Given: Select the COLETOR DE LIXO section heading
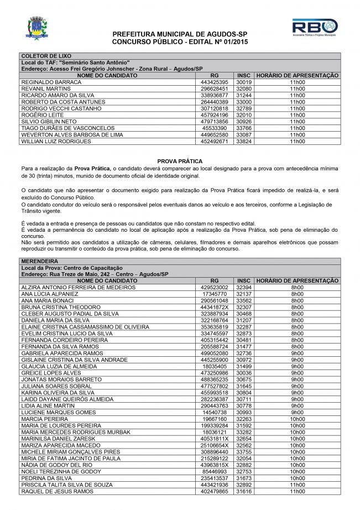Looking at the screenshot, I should coord(42,56).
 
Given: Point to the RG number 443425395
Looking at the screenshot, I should coord(215,82).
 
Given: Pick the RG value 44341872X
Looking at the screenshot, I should coord(215,306).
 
